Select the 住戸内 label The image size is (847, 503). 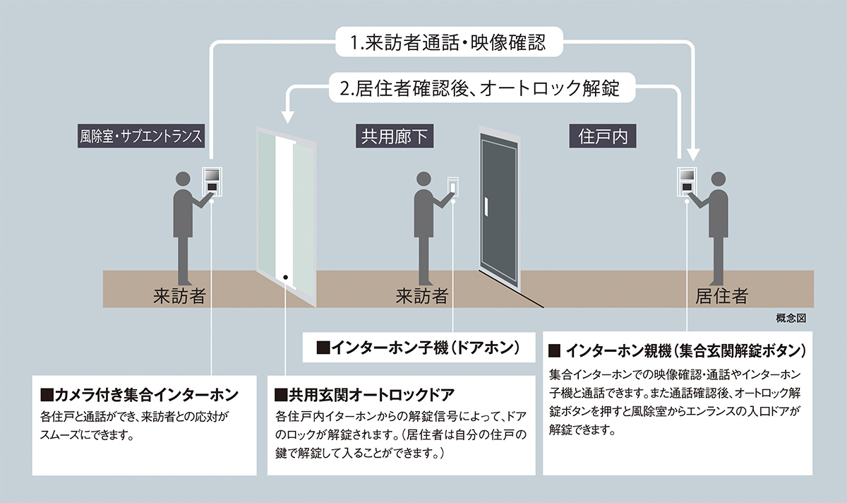(603, 136)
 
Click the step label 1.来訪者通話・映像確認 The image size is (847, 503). (449, 43)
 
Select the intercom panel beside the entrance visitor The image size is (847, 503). (212, 179)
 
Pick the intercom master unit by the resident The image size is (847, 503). (687, 179)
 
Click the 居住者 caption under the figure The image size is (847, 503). (721, 296)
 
